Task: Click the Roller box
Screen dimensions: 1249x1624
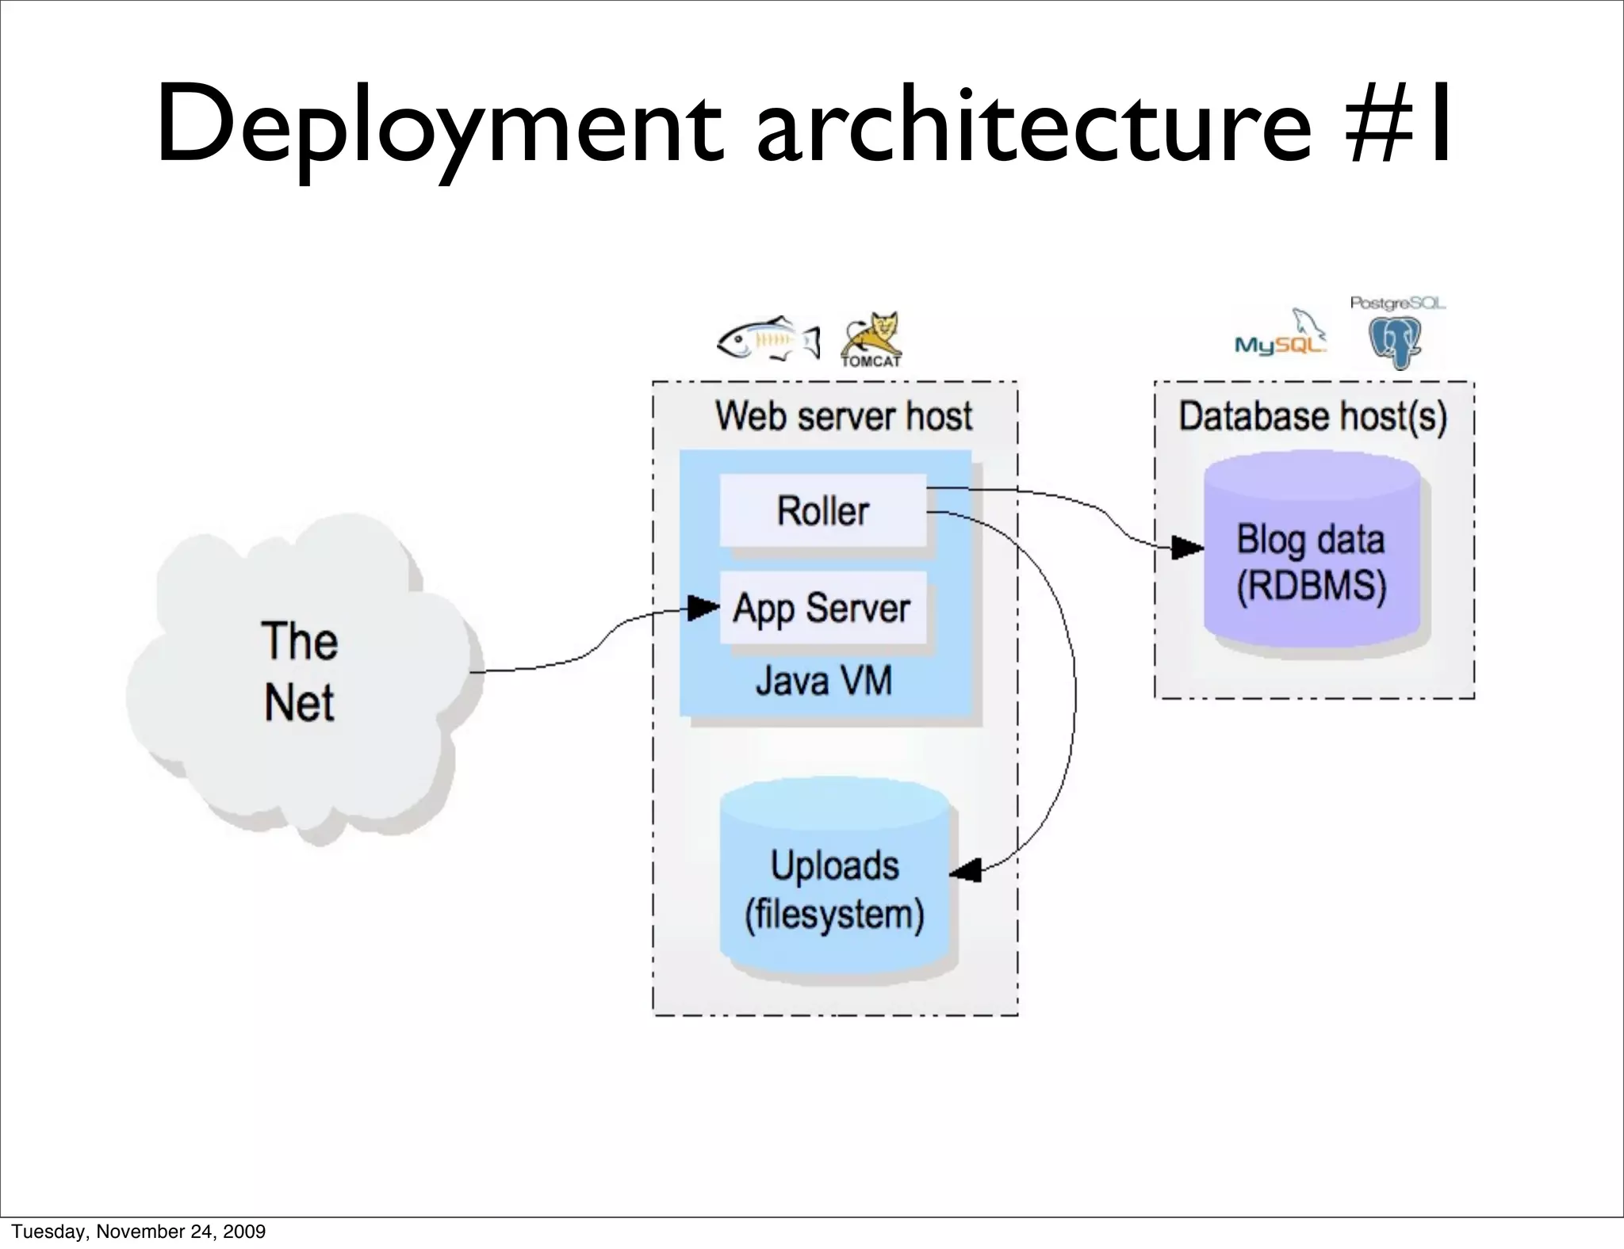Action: click(x=822, y=510)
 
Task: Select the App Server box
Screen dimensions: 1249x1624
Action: click(x=822, y=609)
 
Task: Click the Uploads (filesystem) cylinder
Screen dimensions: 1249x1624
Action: click(x=835, y=880)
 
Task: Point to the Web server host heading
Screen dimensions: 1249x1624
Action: click(x=843, y=416)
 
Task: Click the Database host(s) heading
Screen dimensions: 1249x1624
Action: click(x=1312, y=416)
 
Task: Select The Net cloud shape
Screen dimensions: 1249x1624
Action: click(x=301, y=674)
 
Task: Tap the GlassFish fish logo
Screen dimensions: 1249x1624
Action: click(x=768, y=341)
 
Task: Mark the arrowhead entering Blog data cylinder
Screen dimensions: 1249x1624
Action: click(x=1187, y=547)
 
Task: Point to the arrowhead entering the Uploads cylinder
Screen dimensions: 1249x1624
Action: click(x=966, y=871)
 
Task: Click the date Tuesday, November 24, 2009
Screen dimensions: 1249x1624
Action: click(x=139, y=1232)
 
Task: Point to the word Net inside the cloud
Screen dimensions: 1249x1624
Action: click(x=299, y=703)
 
